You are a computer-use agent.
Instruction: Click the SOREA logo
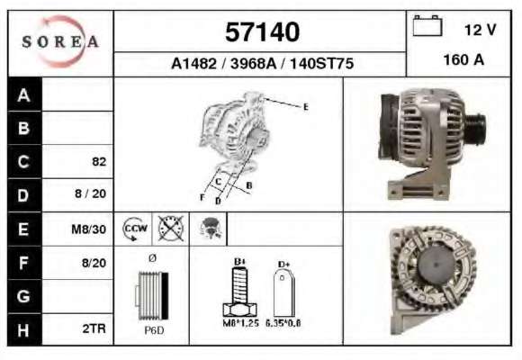click(x=60, y=41)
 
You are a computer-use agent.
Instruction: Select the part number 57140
click(x=262, y=32)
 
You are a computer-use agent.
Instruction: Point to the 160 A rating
click(x=463, y=60)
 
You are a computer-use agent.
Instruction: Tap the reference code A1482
click(x=193, y=63)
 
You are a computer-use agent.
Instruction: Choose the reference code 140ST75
click(x=321, y=63)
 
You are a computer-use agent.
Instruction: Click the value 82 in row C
click(x=99, y=161)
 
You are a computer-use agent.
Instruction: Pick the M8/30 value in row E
click(x=89, y=229)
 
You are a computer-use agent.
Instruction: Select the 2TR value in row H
click(x=94, y=328)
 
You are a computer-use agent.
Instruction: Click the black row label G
click(x=23, y=296)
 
